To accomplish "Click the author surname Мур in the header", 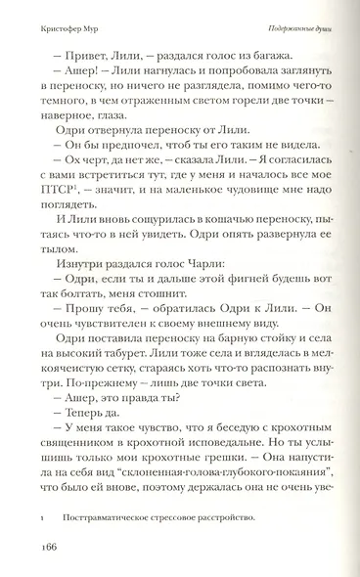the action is [88, 31].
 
